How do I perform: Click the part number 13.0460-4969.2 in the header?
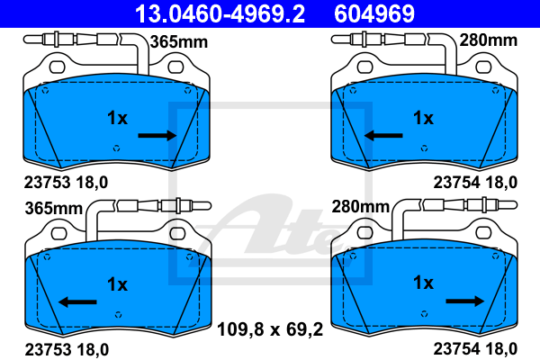(220, 13)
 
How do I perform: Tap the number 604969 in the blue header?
(374, 13)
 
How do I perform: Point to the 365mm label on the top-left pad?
(179, 42)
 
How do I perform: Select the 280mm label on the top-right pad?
(488, 40)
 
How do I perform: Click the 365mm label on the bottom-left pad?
(54, 209)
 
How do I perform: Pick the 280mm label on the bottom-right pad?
(360, 207)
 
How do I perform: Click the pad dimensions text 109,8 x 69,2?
(270, 329)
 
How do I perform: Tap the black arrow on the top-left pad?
(157, 135)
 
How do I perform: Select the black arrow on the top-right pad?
(383, 135)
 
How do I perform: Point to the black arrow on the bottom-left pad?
(77, 302)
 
